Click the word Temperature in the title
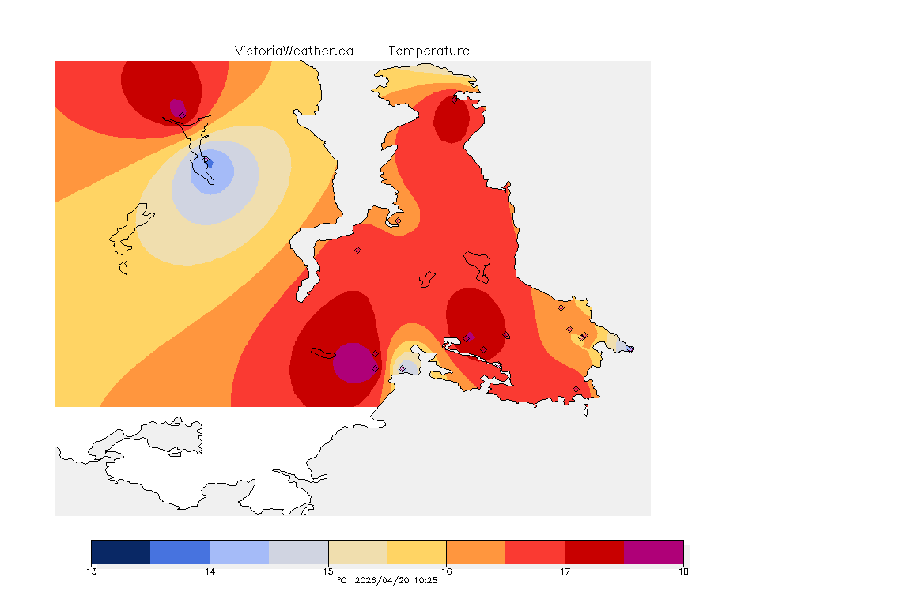point(429,51)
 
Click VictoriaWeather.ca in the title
point(293,51)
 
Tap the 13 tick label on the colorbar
point(92,571)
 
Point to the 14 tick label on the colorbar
point(210,571)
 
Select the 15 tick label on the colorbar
point(328,571)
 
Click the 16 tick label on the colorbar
point(446,571)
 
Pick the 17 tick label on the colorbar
point(565,571)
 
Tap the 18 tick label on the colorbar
point(682,571)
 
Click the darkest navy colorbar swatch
point(120,552)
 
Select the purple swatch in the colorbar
point(653,552)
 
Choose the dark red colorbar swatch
point(594,552)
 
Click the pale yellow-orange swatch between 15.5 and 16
point(417,552)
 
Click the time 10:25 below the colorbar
point(425,581)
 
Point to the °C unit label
point(342,581)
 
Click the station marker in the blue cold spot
point(208,162)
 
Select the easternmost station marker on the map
point(630,349)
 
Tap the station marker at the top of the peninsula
point(454,100)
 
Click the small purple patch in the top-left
point(177,107)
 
